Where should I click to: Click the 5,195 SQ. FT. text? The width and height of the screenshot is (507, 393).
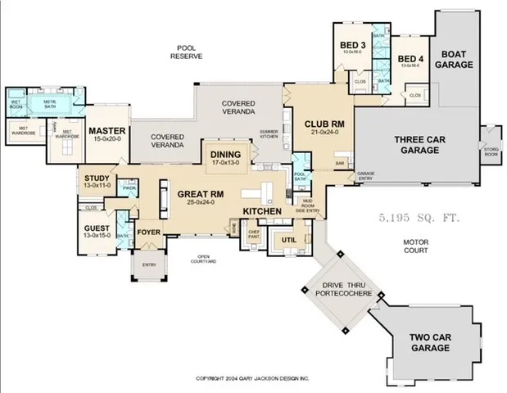tap(419, 219)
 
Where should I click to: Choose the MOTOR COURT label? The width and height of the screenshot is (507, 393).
tap(416, 246)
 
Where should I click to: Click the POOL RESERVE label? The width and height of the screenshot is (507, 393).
tap(186, 52)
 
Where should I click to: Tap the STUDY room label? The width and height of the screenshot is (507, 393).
tap(97, 178)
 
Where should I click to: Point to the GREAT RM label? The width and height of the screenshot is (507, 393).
tap(201, 195)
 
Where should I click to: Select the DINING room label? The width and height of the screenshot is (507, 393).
tap(225, 155)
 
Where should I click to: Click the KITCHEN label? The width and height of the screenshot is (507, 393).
tap(262, 211)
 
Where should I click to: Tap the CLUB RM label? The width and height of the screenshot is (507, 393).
tap(319, 124)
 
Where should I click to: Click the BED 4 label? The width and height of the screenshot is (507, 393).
tap(410, 59)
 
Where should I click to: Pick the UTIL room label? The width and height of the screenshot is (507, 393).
tap(288, 239)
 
